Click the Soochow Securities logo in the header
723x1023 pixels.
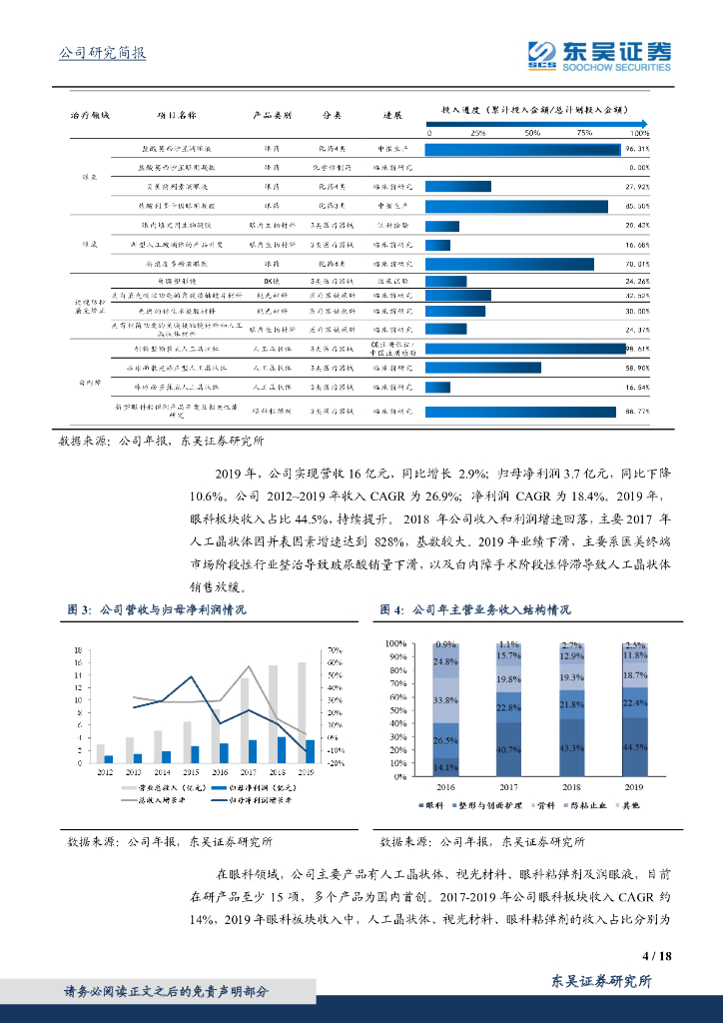(598, 57)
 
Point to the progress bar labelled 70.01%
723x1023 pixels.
(509, 264)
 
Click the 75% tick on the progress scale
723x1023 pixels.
(584, 132)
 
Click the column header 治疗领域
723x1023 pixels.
(89, 114)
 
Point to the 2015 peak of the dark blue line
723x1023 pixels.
(192, 676)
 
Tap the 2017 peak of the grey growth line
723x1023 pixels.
(250, 666)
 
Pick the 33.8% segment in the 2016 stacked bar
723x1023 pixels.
(445, 700)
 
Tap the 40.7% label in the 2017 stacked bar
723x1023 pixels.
(508, 748)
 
